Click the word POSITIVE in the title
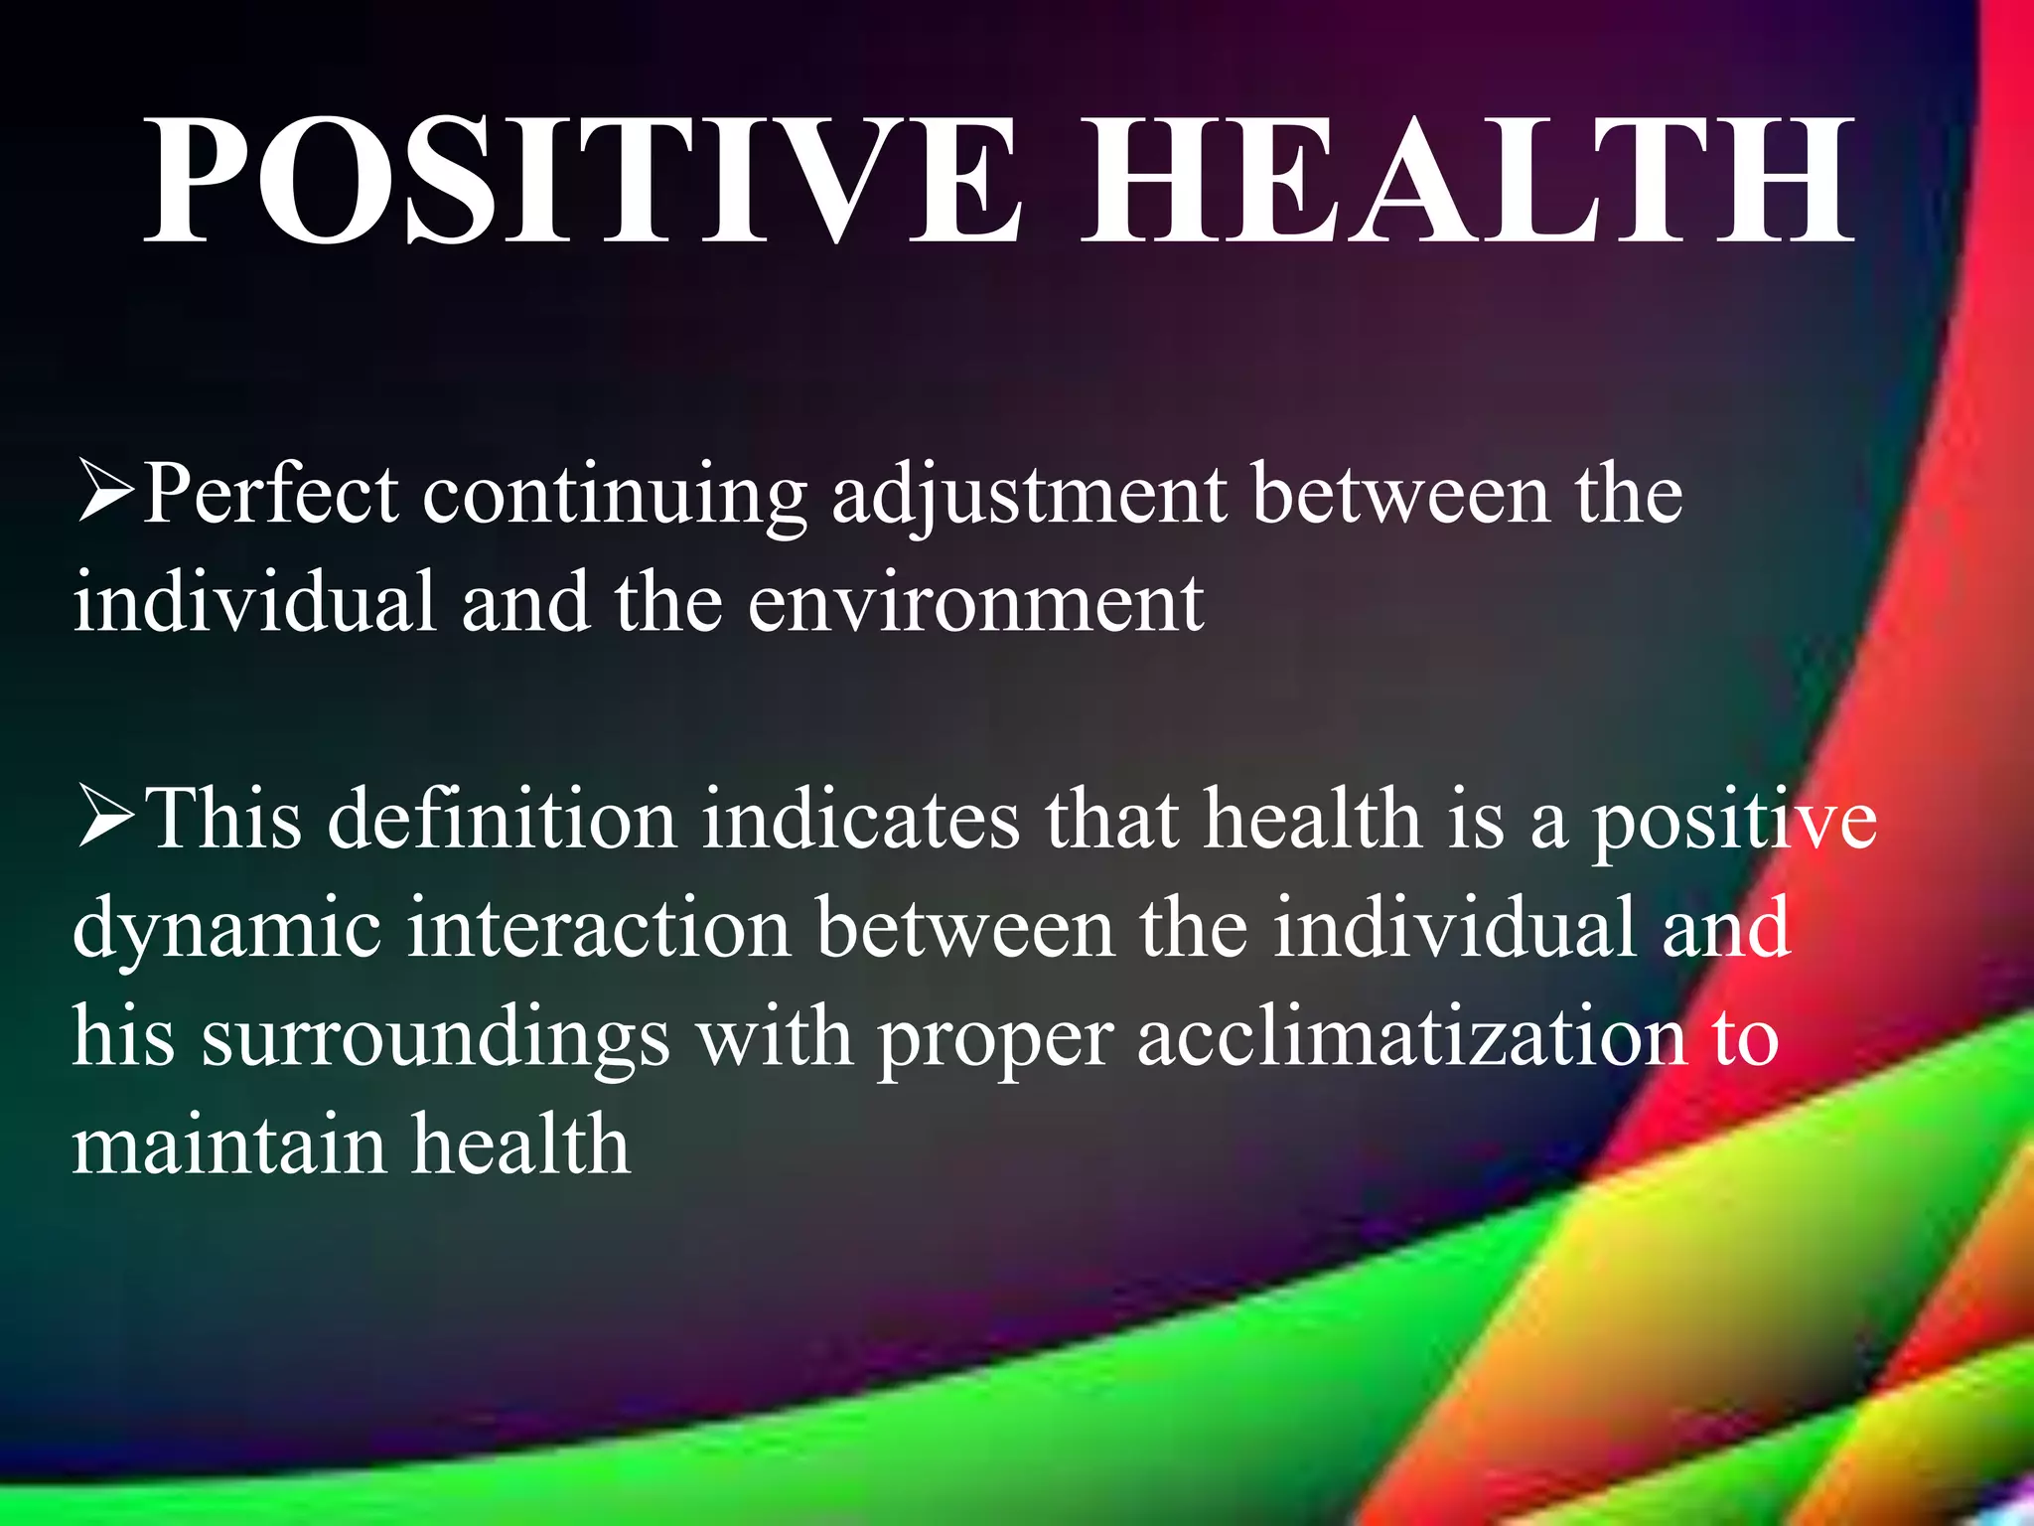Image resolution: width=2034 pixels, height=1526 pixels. pyautogui.click(x=581, y=181)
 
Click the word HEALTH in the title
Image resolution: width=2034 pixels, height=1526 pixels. pyautogui.click(x=1466, y=181)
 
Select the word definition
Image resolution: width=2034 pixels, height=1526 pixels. pyautogui.click(x=502, y=821)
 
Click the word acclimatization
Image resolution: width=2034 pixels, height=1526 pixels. pyautogui.click(x=1411, y=1037)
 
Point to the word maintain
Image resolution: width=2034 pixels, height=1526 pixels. pyautogui.click(x=228, y=1144)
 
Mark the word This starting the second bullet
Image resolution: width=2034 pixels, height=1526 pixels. pyautogui.click(x=223, y=821)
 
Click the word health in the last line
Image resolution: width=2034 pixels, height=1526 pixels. pyautogui.click(x=521, y=1144)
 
